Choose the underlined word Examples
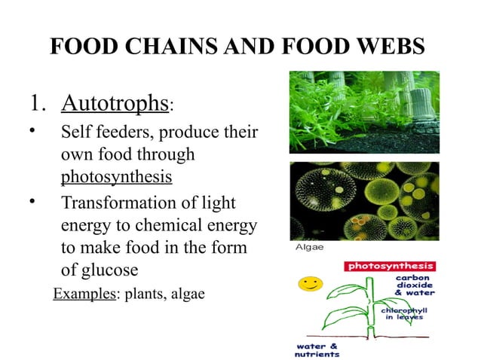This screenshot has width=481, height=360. (x=81, y=294)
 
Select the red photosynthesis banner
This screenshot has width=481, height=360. (x=390, y=267)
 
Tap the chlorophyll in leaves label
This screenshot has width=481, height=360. (x=402, y=313)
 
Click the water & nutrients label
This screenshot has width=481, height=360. (x=317, y=349)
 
